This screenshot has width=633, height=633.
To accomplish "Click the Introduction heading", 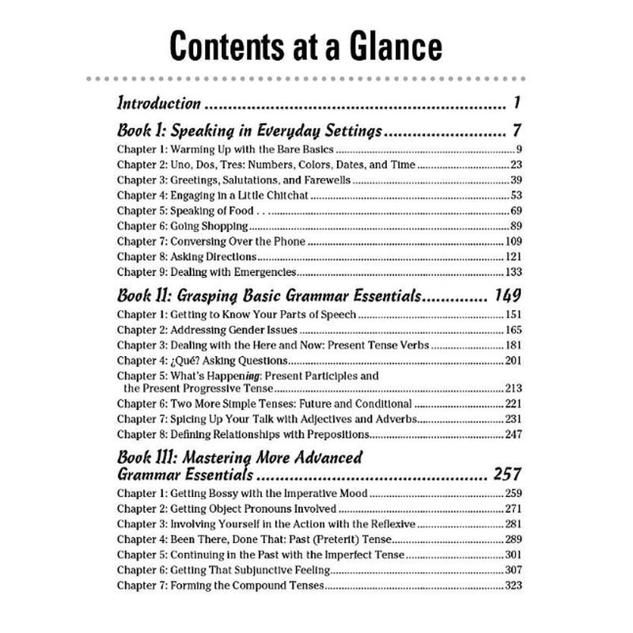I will (x=158, y=103).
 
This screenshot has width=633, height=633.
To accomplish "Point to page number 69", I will (x=515, y=211).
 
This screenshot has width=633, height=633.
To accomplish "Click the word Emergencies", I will (x=258, y=272).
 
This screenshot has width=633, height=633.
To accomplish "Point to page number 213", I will (x=513, y=390).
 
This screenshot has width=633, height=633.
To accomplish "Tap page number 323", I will (x=513, y=586).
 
